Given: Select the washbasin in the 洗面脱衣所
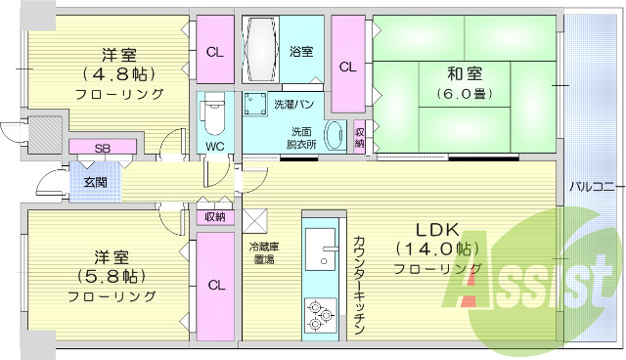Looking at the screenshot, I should click(x=335, y=136).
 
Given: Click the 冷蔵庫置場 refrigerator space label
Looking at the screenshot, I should click(x=263, y=253).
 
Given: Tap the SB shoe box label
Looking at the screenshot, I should click(x=102, y=148).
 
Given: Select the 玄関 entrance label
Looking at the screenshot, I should click(x=95, y=182).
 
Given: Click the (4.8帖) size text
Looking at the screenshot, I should click(x=116, y=72).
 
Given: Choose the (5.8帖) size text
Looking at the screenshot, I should click(x=111, y=276).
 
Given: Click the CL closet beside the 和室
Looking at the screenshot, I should click(x=347, y=67).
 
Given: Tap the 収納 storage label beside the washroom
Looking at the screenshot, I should click(x=360, y=138).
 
